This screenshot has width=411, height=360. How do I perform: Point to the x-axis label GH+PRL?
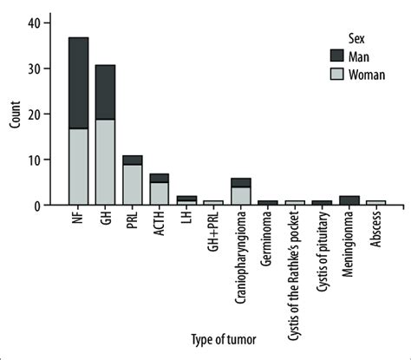[214, 233]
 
